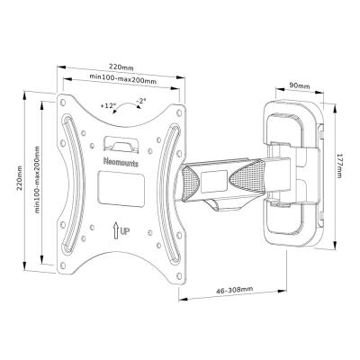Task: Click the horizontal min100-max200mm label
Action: point(122,81)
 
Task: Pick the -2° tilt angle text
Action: point(142,102)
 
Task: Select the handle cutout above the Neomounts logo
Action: point(122,142)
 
